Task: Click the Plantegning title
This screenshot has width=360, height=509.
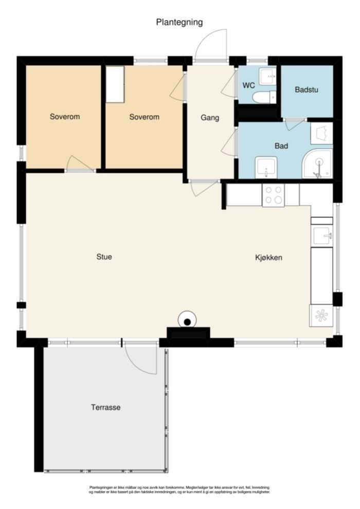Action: pos(179,23)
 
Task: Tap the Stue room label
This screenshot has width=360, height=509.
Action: pos(104,257)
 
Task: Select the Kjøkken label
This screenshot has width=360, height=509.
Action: pos(268,258)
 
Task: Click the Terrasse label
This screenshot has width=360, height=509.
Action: pos(106,407)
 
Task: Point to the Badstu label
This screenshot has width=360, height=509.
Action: pos(307,89)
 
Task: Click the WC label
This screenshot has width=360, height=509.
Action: pos(248,86)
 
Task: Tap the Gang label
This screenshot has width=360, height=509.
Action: pos(210,118)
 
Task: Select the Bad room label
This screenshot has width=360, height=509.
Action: pos(281,146)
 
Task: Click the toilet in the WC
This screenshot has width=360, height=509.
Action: pos(264,97)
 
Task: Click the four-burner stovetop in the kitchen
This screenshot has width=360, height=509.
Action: pos(273,195)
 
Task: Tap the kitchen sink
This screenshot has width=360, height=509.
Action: pos(322,235)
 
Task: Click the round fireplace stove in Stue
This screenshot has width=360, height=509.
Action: pos(187,320)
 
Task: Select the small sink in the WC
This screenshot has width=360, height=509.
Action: pos(268,77)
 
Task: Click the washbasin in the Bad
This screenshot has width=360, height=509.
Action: pos(266,168)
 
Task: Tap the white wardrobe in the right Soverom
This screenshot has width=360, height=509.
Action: pos(115,84)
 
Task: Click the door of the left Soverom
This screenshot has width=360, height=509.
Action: pos(80,163)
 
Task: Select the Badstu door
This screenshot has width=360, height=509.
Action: pos(294,124)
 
